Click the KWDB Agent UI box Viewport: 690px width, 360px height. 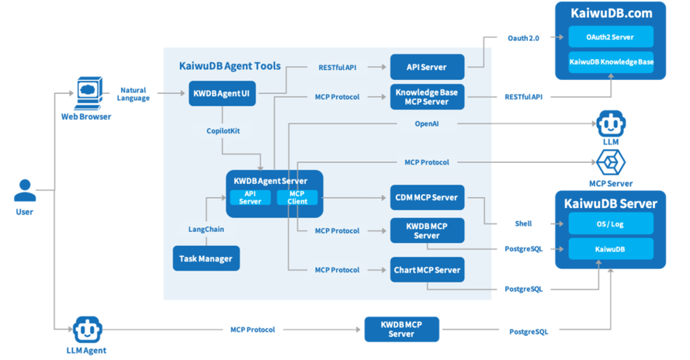point(224,95)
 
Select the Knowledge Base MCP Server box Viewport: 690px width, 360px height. point(427,97)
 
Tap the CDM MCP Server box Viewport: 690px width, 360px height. point(427,197)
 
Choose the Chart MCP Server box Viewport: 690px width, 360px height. point(427,270)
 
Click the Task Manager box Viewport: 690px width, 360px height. point(206,258)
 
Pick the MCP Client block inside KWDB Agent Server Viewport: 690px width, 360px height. point(297,197)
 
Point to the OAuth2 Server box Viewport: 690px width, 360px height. point(610,36)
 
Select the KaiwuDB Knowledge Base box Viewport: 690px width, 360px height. point(610,62)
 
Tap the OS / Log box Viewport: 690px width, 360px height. point(610,223)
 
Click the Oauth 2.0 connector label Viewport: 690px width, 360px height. point(522,38)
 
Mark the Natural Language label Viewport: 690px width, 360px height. point(133,95)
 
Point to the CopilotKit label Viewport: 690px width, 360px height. point(224,131)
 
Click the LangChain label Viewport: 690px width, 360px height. point(206,229)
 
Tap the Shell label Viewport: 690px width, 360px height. point(523,223)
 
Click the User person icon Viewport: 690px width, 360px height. point(25,190)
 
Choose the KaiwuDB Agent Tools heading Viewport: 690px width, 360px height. point(230,67)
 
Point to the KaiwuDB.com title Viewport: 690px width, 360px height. point(610,13)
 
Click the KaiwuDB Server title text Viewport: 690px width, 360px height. point(610,204)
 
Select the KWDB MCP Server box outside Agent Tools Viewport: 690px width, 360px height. point(401,329)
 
